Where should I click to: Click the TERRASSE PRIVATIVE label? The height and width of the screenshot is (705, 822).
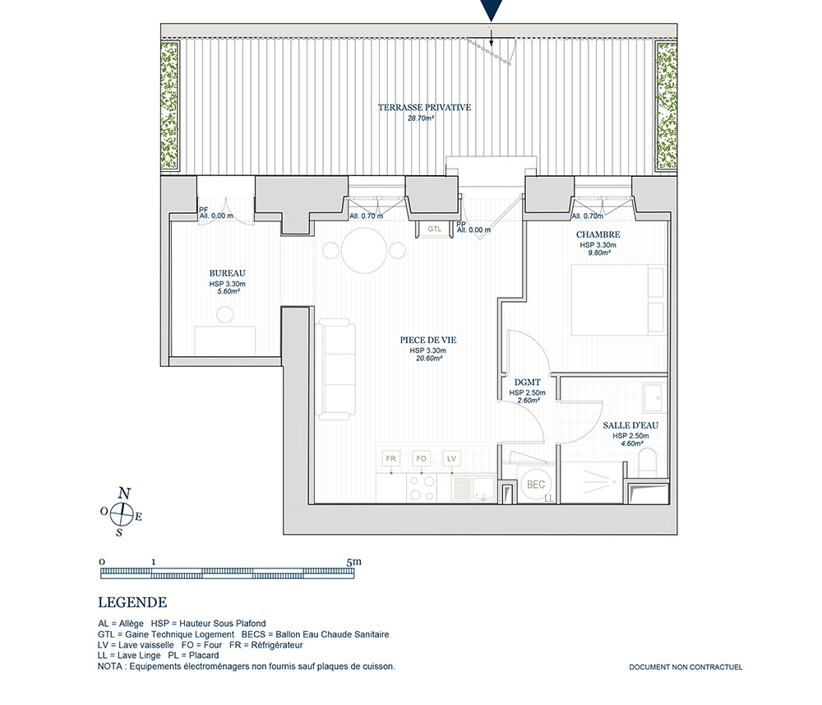425,108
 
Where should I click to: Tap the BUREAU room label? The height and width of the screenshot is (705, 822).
228,273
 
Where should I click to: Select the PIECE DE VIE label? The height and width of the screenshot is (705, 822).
427,341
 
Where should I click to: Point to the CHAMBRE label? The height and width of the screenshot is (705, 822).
598,234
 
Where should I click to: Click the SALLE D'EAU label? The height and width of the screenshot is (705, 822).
630,425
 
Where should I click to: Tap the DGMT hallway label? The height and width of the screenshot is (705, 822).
528,383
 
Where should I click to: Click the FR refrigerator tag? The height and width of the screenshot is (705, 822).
391,458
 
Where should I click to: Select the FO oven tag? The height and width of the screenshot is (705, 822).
421,458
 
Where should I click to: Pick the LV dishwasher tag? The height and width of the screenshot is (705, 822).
451,458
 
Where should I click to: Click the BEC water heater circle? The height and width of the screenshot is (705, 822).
536,485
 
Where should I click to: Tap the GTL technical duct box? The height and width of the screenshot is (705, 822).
434,230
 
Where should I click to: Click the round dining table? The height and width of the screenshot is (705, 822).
364,250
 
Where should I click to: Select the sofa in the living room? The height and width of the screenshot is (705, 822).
335,369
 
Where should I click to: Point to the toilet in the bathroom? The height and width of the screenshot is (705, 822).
648,462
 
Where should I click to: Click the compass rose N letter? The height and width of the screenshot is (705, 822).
124,494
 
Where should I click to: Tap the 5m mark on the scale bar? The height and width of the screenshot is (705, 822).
354,562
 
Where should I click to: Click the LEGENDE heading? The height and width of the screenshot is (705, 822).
132,603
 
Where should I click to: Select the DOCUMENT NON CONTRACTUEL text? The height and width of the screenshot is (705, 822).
686,667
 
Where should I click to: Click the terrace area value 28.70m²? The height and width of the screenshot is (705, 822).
421,118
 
